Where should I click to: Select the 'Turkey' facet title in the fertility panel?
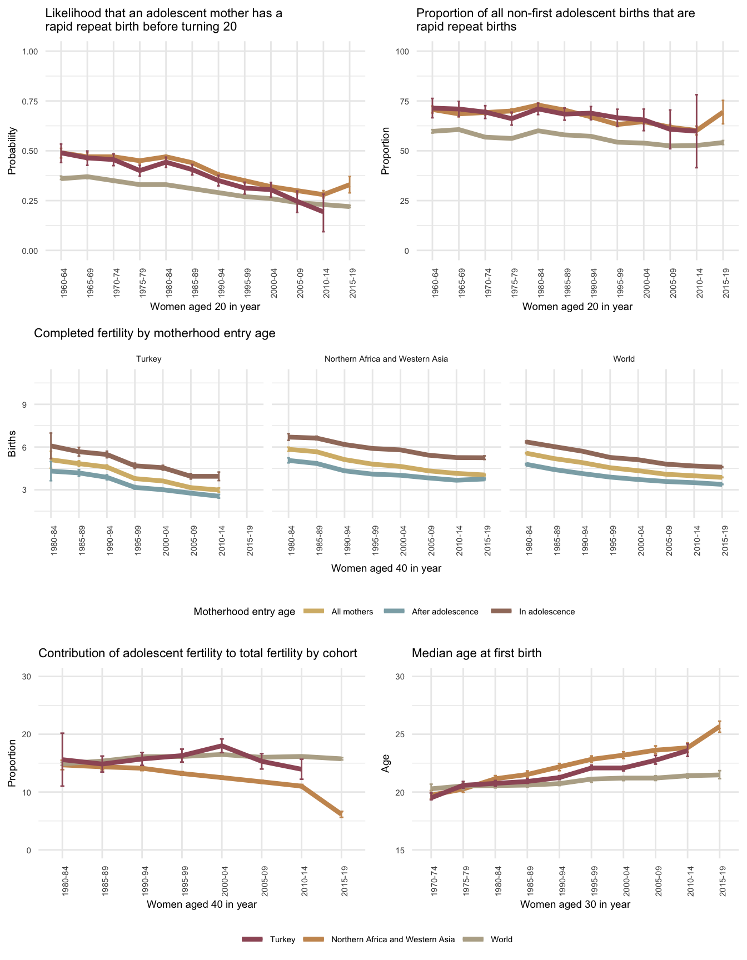148,359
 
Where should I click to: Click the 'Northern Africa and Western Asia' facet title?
386,359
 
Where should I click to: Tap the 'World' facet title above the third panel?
624,359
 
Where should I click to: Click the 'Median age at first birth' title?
476,653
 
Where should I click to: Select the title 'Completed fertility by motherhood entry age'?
155,333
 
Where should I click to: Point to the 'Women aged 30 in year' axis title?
575,904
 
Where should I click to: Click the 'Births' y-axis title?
12,447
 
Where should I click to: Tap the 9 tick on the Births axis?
25,404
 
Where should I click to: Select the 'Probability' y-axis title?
12,151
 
